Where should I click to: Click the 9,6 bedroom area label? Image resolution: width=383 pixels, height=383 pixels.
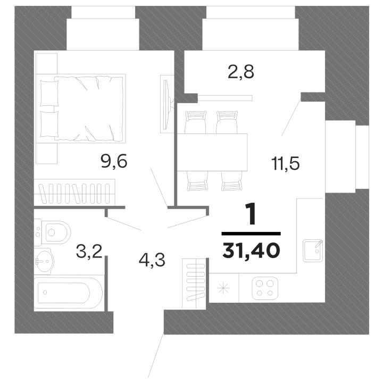tap(114, 161)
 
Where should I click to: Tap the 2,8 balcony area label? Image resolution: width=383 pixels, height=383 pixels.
tap(241, 72)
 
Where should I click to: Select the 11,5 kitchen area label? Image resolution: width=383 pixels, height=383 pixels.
tap(285, 163)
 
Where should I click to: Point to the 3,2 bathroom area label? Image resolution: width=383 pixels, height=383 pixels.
tap(89, 252)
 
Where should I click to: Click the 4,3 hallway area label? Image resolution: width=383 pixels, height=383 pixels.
tap(152, 260)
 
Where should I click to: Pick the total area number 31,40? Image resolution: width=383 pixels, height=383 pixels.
tap(251, 251)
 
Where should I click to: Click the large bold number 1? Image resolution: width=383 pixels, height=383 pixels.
tap(251, 214)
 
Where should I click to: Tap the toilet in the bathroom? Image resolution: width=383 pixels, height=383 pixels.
tap(52, 232)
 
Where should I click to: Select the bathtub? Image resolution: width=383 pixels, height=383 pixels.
tap(68, 293)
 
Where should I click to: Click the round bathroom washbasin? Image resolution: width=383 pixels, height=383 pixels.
tap(44, 261)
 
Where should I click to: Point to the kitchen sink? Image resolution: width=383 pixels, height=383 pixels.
tap(313, 251)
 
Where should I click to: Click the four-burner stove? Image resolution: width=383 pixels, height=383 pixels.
tap(265, 288)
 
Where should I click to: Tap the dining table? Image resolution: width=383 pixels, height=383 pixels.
tap(212, 152)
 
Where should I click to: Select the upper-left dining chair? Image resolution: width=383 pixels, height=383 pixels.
tap(195, 122)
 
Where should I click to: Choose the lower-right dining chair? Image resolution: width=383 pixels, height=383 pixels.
tap(232, 181)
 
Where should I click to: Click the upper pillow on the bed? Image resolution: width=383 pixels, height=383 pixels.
tap(49, 93)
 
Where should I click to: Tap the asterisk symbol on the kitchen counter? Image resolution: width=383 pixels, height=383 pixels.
tap(223, 288)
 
